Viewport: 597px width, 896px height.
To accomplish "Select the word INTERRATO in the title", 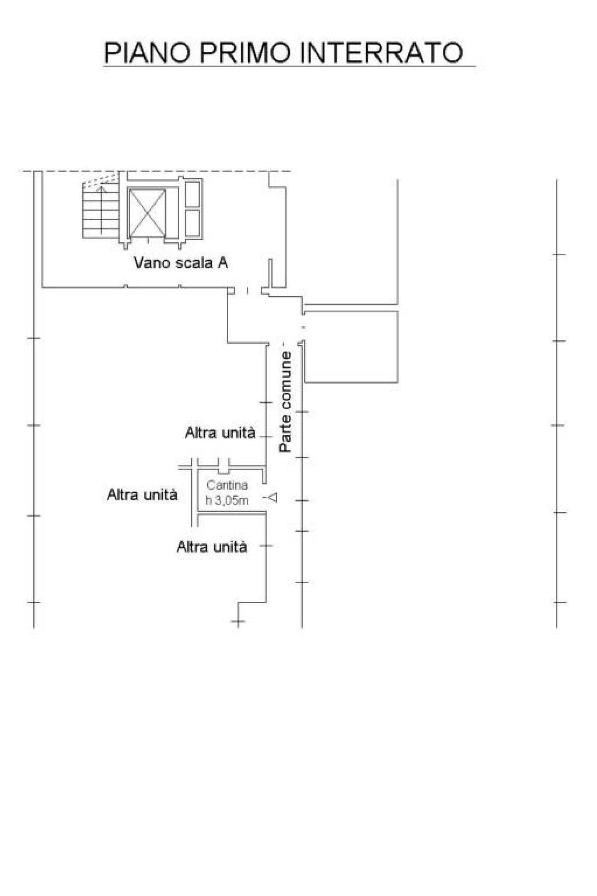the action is point(380,52).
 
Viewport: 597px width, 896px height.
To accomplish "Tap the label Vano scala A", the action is point(180,263).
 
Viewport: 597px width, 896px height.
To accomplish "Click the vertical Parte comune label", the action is point(285,402).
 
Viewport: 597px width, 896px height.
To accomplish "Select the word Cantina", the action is point(227,485).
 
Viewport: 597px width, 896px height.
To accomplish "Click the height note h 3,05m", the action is point(227,500).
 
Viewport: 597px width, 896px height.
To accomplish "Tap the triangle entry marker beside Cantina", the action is point(273,498).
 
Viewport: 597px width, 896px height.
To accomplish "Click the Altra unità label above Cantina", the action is point(220,433).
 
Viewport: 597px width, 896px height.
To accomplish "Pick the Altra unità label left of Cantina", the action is point(142,495).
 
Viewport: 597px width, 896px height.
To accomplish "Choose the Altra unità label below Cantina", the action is point(211,546).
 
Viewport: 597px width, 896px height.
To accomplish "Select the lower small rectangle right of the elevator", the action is point(193,223).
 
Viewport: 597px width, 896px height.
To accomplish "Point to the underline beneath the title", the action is point(290,66).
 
